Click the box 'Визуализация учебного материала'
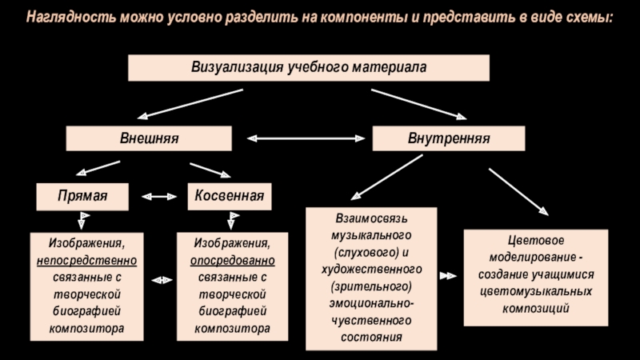click(x=308, y=67)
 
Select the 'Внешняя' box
click(x=149, y=138)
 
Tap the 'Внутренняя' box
click(x=449, y=138)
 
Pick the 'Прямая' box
click(x=82, y=196)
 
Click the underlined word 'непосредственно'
click(x=86, y=262)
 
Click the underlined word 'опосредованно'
click(x=232, y=262)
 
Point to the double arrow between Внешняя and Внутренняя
click(x=302, y=138)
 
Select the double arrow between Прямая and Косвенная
click(x=158, y=196)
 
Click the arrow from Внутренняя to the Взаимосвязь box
click(x=387, y=176)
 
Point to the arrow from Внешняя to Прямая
click(x=97, y=168)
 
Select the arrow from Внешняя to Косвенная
click(x=210, y=170)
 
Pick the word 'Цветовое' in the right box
click(x=536, y=241)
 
